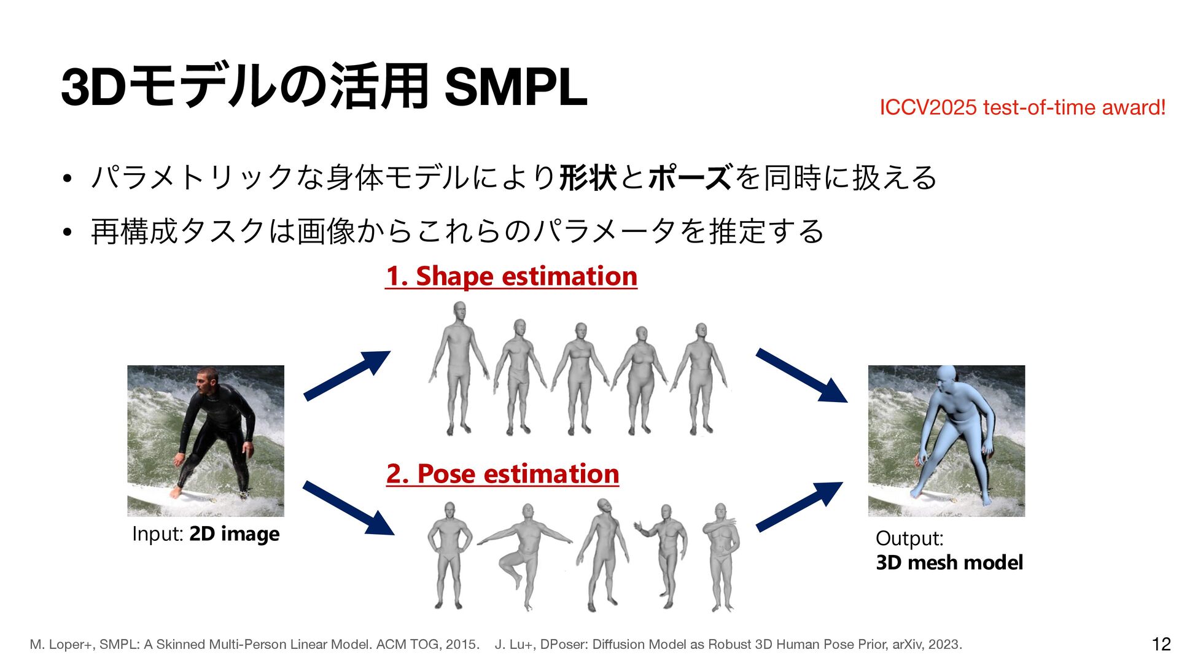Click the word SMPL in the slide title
pyautogui.click(x=515, y=88)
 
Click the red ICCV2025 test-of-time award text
pyautogui.click(x=1022, y=107)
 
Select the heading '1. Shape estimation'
pyautogui.click(x=511, y=276)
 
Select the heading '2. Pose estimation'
pyautogui.click(x=502, y=474)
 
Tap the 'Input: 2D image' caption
pyautogui.click(x=206, y=534)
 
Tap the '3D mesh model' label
pyautogui.click(x=949, y=562)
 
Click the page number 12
pyautogui.click(x=1161, y=644)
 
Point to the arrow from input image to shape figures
pyautogui.click(x=347, y=375)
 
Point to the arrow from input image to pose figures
pyautogui.click(x=348, y=508)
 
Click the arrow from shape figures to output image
pyautogui.click(x=801, y=375)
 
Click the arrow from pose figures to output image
pyautogui.click(x=799, y=506)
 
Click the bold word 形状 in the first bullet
pyautogui.click(x=588, y=178)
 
